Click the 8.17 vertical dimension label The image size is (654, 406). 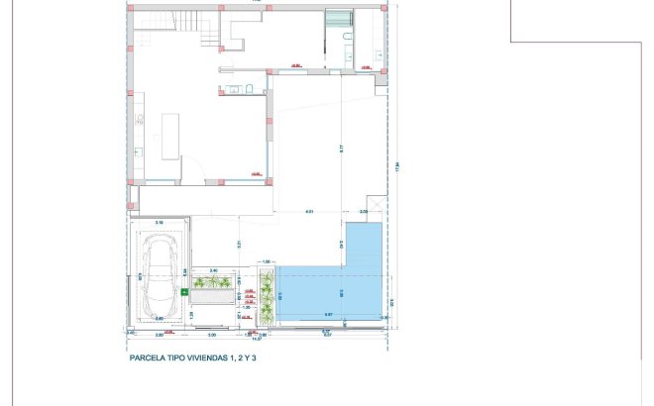340,149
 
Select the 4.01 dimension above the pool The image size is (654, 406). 309,212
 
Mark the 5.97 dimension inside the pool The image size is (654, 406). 327,315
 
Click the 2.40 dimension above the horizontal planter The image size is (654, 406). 213,268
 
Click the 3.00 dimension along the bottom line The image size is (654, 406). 212,335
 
